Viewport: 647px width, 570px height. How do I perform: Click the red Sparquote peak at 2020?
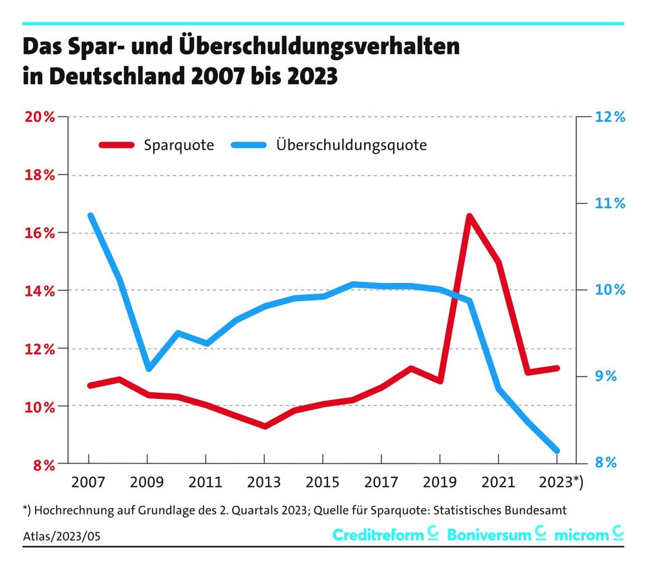click(469, 216)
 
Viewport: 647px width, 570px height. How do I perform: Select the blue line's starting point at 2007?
click(90, 216)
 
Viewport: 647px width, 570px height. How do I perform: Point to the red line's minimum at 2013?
click(265, 426)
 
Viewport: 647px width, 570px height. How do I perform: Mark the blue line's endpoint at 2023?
click(557, 451)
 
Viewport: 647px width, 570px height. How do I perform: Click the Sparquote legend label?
click(179, 145)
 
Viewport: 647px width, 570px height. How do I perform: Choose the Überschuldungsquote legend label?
click(351, 145)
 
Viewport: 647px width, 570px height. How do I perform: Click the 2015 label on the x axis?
click(323, 483)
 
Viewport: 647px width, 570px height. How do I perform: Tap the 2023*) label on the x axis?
click(563, 483)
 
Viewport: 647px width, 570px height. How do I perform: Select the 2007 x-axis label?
click(89, 483)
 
